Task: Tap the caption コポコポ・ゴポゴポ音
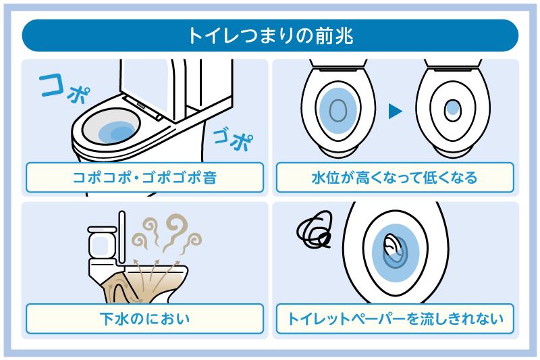pos(144,178)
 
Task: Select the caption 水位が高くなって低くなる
pos(395,178)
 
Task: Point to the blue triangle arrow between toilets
pos(396,111)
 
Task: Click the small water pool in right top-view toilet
pos(453,107)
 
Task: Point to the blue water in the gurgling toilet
pos(115,132)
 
